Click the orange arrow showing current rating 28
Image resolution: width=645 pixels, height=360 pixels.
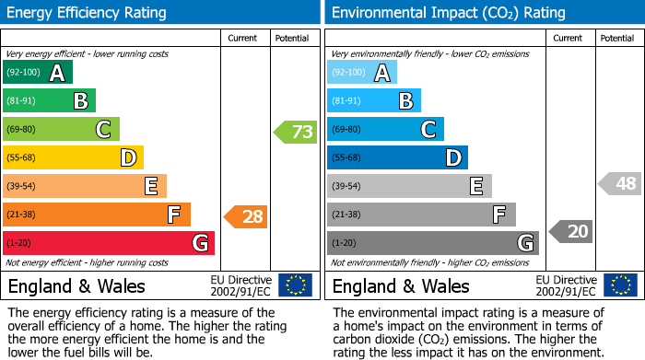(x=246, y=216)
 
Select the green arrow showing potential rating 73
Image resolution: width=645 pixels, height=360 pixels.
(x=295, y=132)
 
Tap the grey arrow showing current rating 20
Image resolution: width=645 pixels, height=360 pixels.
(x=570, y=231)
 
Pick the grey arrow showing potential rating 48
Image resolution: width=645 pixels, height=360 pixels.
(x=619, y=183)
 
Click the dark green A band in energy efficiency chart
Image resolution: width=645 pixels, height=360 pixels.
(x=38, y=73)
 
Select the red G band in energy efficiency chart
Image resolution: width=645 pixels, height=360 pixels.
(x=109, y=243)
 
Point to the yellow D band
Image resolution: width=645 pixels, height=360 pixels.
(x=73, y=158)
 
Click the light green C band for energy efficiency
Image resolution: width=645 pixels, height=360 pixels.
(x=61, y=130)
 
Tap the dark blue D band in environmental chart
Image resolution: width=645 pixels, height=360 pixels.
(x=397, y=158)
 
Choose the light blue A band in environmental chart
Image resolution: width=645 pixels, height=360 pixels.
(x=362, y=73)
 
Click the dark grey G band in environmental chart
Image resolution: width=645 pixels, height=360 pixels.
(x=433, y=243)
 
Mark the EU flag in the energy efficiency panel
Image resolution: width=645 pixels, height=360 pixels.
(x=295, y=285)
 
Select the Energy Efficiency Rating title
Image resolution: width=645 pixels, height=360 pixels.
(x=88, y=13)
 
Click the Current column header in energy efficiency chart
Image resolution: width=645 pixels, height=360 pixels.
(x=243, y=38)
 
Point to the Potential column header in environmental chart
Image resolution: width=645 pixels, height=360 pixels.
(x=617, y=38)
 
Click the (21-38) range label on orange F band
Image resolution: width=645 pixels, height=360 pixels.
(x=22, y=215)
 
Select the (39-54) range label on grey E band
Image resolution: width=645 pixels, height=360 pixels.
(x=346, y=186)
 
